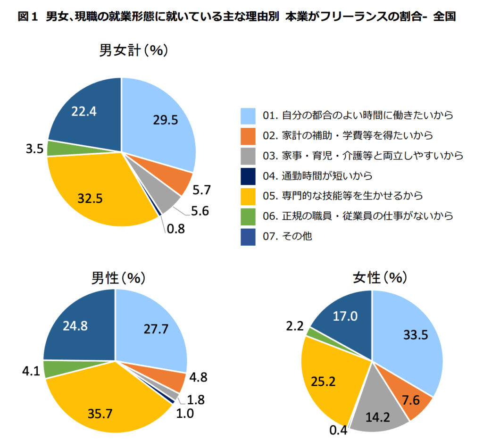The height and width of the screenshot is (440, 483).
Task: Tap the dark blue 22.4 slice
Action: [x=85, y=113]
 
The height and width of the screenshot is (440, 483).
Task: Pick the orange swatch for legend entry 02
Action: [x=248, y=136]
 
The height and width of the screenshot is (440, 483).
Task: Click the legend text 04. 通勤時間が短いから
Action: [x=318, y=176]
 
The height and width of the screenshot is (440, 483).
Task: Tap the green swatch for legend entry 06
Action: [x=248, y=216]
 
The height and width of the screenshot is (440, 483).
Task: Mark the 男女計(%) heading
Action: [x=133, y=50]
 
